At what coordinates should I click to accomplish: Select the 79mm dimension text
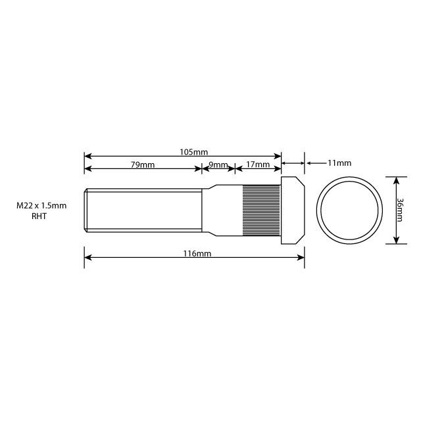click(142, 165)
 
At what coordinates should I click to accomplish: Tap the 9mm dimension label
click(218, 165)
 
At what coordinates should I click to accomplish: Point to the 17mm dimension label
click(257, 165)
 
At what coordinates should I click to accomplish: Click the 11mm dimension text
click(339, 162)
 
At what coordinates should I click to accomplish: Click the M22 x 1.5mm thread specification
click(42, 206)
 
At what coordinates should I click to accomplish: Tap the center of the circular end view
click(349, 210)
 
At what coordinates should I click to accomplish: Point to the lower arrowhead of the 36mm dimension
click(396, 241)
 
